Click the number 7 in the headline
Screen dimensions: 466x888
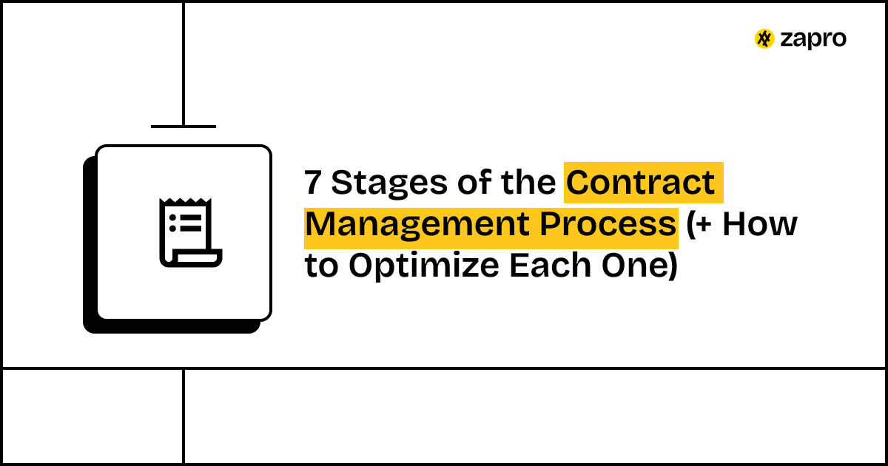click(x=314, y=183)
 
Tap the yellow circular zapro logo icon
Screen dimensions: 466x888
click(x=764, y=38)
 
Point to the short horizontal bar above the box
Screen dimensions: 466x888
click(x=184, y=126)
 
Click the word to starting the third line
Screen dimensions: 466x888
click(x=321, y=266)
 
